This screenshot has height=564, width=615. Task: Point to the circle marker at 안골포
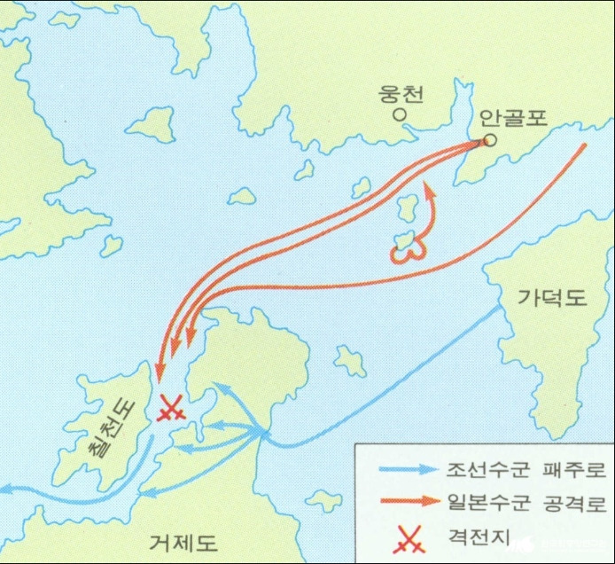[x=490, y=140]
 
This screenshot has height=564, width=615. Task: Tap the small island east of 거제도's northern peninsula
[x=349, y=358]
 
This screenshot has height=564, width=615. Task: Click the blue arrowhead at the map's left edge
[x=4, y=486]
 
